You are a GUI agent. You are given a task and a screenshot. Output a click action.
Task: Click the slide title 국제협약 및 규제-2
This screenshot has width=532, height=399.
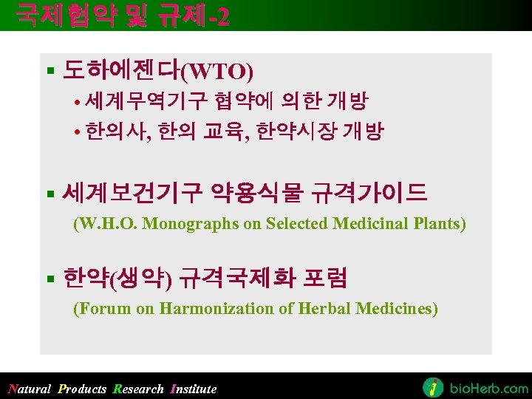pyautogui.click(x=123, y=15)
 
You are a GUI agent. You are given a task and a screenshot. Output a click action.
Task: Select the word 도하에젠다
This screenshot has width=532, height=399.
pyautogui.click(x=121, y=71)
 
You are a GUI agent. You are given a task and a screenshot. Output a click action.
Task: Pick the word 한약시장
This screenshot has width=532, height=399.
pyautogui.click(x=296, y=132)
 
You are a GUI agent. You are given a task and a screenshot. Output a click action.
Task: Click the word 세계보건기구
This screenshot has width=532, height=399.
pyautogui.click(x=132, y=194)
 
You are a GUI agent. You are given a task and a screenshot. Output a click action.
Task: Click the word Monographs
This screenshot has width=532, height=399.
pyautogui.click(x=190, y=224)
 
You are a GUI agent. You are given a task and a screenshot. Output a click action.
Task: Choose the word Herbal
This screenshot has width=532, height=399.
pyautogui.click(x=325, y=309)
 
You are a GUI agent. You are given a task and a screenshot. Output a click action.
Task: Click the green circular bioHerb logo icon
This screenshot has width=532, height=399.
pyautogui.click(x=433, y=387)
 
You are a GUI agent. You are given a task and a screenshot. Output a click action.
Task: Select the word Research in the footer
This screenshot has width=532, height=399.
pyautogui.click(x=137, y=389)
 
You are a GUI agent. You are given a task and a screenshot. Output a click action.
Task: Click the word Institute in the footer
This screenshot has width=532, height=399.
pyautogui.click(x=194, y=389)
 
